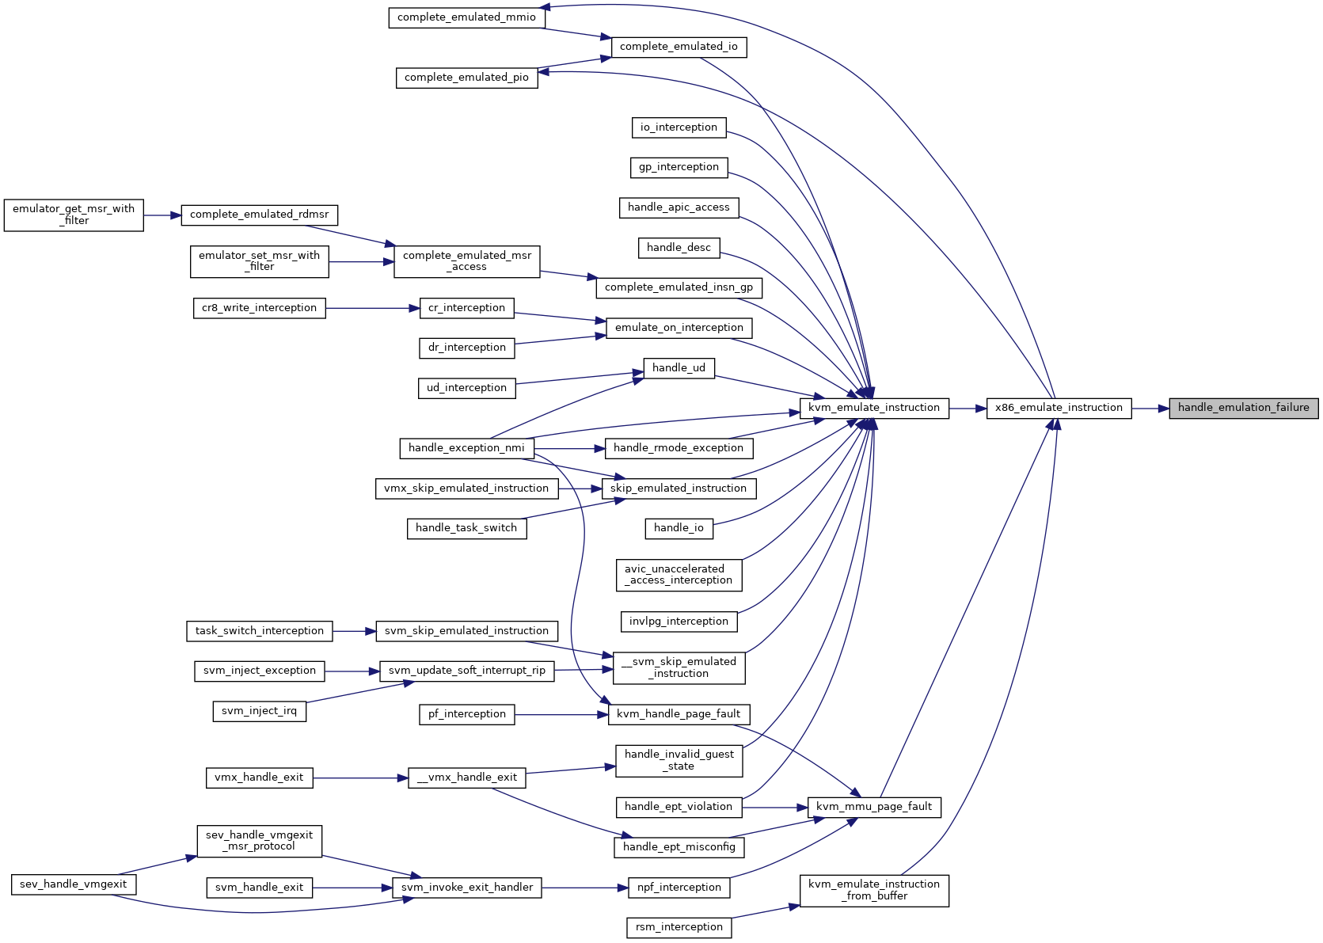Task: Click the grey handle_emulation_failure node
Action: (1243, 409)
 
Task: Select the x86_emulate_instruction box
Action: (1059, 409)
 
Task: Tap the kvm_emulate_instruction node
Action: (874, 409)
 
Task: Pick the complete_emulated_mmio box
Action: (466, 17)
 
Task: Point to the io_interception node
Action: (679, 127)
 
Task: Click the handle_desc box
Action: (679, 248)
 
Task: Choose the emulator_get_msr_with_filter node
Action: (74, 215)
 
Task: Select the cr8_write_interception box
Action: (259, 308)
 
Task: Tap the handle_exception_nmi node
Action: (466, 448)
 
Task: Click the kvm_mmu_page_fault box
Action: (874, 807)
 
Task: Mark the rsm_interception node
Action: (679, 928)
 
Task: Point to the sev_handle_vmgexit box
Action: (74, 884)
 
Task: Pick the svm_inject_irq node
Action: (259, 711)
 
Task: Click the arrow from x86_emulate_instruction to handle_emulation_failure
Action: (1150, 409)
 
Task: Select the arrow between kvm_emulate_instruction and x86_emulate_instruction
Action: (968, 409)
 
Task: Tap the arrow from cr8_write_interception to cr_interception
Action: (373, 308)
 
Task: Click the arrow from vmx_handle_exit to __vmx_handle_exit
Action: (360, 778)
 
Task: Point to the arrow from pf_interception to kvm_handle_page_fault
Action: (561, 715)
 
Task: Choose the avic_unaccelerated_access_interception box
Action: (679, 575)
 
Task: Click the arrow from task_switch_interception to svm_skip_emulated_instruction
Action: (355, 632)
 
